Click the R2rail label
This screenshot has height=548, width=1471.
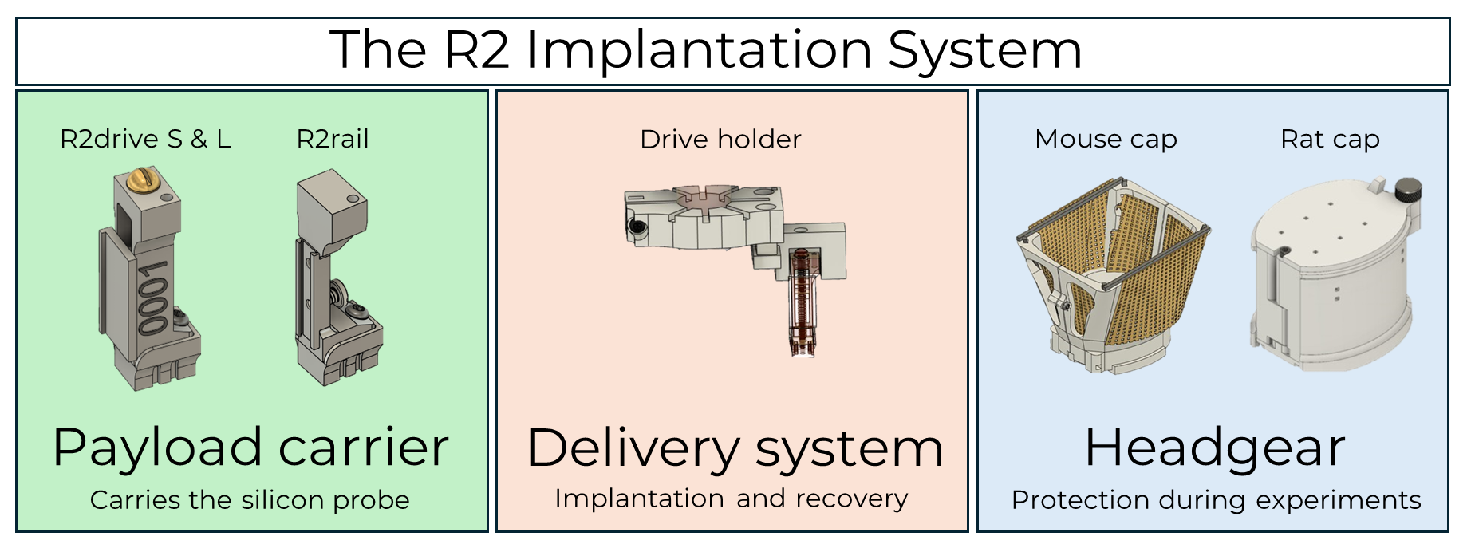click(x=332, y=139)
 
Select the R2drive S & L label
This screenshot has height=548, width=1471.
click(x=145, y=139)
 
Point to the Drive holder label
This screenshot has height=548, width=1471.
click(x=720, y=140)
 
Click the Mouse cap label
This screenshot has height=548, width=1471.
click(x=1106, y=140)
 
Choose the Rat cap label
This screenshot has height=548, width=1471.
click(x=1330, y=140)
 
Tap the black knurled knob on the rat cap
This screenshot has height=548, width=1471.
click(x=1408, y=191)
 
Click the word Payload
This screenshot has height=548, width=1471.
click(x=157, y=448)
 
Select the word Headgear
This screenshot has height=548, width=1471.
click(x=1214, y=448)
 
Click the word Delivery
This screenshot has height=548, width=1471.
click(x=633, y=448)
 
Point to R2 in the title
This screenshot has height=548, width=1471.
click(x=476, y=49)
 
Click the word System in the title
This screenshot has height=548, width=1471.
click(x=984, y=51)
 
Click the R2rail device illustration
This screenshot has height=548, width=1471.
click(x=335, y=279)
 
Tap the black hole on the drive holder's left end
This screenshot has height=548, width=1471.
click(x=637, y=227)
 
